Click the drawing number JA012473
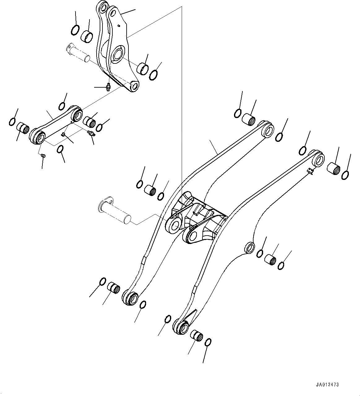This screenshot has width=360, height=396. click(x=327, y=385)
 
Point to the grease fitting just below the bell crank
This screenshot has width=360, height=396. click(x=108, y=87)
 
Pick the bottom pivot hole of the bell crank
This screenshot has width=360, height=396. click(x=134, y=86)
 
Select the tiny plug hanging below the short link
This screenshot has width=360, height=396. click(x=44, y=156)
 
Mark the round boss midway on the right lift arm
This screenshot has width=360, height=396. click(x=249, y=247)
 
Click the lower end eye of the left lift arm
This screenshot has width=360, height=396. click(x=131, y=298)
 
